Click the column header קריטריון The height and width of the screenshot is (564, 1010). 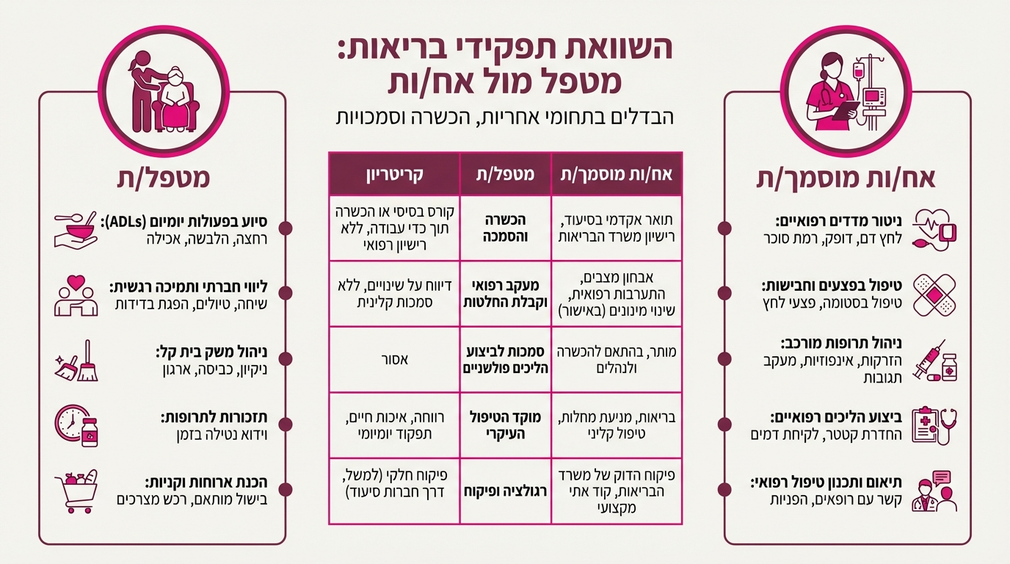click(x=394, y=175)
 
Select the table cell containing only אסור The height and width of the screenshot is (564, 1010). click(x=394, y=360)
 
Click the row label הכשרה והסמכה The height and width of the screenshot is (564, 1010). click(x=505, y=228)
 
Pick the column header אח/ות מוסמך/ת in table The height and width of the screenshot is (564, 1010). click(x=616, y=175)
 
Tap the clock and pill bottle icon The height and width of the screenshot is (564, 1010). click(x=76, y=426)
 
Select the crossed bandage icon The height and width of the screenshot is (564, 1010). click(x=934, y=294)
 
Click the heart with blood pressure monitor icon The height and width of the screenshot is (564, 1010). click(x=934, y=228)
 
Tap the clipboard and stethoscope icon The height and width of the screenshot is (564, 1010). click(x=934, y=426)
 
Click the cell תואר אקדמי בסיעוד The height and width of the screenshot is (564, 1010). click(x=616, y=220)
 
